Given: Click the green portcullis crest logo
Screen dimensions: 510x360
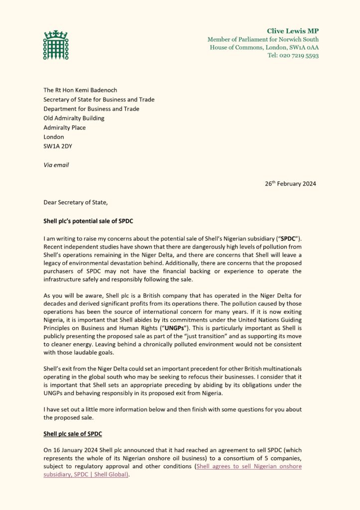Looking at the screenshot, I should pos(56,45).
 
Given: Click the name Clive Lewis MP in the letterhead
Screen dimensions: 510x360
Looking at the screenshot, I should pos(293,31).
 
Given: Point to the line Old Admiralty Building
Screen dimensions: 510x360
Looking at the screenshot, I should pos(74,118).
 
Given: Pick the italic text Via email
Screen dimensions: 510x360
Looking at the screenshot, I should pos(56,165).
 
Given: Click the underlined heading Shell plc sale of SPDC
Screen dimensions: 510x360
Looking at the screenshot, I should pos(73,434).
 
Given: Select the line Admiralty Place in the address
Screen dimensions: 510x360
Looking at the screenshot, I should pos(64,127).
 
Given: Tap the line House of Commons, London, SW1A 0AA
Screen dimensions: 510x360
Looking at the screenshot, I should pos(264,47).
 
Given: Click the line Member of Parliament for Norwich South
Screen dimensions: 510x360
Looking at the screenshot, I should pos(263,39).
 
